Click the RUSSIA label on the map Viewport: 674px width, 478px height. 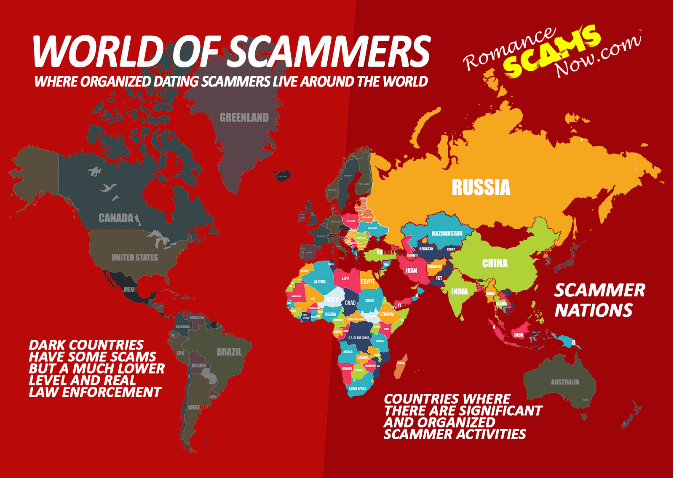pyautogui.click(x=481, y=187)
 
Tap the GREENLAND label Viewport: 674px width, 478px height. pyautogui.click(x=244, y=117)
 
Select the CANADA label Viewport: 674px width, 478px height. pyautogui.click(x=116, y=218)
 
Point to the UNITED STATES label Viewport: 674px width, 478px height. pyautogui.click(x=134, y=257)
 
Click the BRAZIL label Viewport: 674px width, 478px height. pyautogui.click(x=229, y=352)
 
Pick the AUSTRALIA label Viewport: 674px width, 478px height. pyautogui.click(x=565, y=382)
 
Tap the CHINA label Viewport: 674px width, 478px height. pyautogui.click(x=495, y=263)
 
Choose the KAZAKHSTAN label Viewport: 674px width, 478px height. pyautogui.click(x=447, y=233)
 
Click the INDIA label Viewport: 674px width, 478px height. pyautogui.click(x=459, y=291)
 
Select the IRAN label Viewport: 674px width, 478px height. pyautogui.click(x=411, y=270)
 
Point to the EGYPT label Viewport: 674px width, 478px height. pyautogui.click(x=367, y=281)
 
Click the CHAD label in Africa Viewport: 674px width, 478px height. pyautogui.click(x=350, y=302)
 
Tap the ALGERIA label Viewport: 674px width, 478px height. pyautogui.click(x=320, y=281)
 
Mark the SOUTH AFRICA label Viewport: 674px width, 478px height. pyautogui.click(x=357, y=389)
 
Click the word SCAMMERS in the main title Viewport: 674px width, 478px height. pyautogui.click(x=330, y=51)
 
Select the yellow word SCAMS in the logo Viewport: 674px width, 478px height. pyautogui.click(x=552, y=53)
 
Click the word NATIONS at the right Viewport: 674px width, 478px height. pyautogui.click(x=593, y=310)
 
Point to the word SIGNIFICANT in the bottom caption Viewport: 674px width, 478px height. pyautogui.click(x=500, y=411)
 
